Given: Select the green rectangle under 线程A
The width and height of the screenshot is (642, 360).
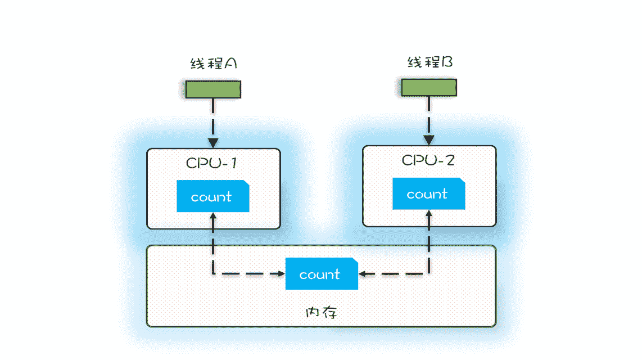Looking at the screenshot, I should (x=213, y=89).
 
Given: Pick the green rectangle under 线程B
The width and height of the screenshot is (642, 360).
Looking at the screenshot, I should (x=428, y=87).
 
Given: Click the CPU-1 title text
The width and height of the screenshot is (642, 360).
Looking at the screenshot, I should (x=211, y=163).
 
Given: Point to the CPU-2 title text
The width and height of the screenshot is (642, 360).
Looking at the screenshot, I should (x=428, y=160).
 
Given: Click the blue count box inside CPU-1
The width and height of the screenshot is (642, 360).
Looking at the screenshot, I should (x=213, y=196).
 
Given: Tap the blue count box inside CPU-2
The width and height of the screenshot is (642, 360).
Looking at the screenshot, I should (x=428, y=193).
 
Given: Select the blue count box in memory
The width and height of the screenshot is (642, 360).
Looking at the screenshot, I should (x=321, y=274).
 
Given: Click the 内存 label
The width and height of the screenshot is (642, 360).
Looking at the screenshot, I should (x=321, y=312).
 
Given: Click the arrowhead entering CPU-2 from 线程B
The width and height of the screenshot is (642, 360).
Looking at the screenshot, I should (x=429, y=140).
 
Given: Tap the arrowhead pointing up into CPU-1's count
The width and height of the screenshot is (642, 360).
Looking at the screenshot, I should (x=213, y=217).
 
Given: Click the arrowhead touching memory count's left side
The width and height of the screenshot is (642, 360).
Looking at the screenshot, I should (x=281, y=274).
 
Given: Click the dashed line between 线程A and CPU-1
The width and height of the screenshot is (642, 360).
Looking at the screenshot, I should (x=213, y=118).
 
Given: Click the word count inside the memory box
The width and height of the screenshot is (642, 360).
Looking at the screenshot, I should (x=320, y=274).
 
